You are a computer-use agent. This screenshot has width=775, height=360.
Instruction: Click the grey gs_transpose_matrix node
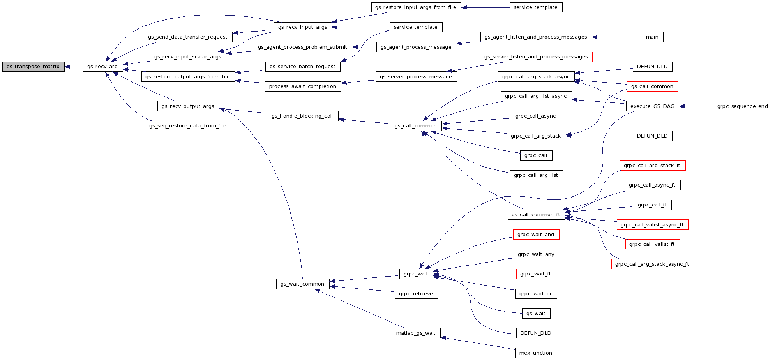tap(33, 67)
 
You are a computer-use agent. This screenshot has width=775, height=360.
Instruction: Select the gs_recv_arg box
tap(102, 67)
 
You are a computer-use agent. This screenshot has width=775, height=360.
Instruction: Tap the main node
tap(652, 37)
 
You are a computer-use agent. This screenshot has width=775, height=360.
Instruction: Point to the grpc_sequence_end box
tap(742, 106)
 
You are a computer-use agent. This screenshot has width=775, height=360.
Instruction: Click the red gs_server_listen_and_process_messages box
tap(536, 57)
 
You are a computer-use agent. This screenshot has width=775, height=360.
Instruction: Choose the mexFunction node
tap(535, 353)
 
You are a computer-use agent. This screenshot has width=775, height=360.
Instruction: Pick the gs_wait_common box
tap(302, 284)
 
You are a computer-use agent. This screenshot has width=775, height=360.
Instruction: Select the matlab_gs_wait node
tap(416, 333)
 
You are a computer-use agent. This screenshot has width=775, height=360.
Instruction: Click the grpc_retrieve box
tap(416, 294)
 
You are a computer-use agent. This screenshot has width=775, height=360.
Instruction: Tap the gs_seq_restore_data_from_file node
tap(188, 126)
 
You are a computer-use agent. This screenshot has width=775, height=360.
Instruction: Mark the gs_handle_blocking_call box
tap(302, 116)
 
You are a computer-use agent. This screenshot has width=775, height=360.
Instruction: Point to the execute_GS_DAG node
tap(652, 106)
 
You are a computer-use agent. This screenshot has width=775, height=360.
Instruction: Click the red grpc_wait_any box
tap(536, 254)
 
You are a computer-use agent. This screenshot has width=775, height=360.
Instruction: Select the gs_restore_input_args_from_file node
tap(416, 7)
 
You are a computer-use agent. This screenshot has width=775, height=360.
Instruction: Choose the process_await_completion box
tap(302, 86)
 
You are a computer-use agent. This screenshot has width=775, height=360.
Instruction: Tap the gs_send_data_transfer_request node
tap(188, 37)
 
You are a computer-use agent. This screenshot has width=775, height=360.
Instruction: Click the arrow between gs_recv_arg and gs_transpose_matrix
tap(74, 67)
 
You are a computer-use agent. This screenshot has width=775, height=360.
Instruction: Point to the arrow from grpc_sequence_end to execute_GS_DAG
tap(696, 106)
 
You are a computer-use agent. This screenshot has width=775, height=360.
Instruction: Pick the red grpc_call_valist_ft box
tap(652, 244)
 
